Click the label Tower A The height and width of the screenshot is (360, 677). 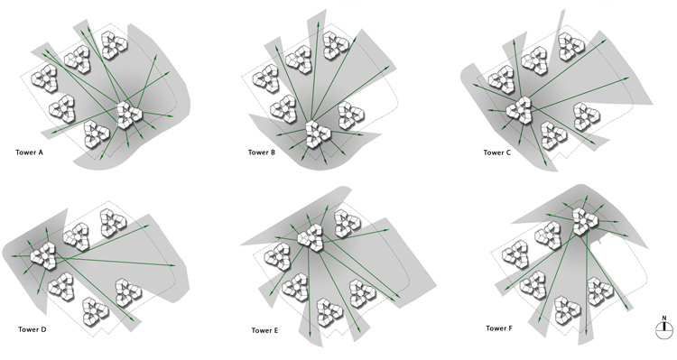(x=30, y=152)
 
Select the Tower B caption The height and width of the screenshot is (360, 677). (x=261, y=152)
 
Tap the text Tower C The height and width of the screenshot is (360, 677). (x=496, y=152)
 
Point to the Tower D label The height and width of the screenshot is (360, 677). (x=32, y=329)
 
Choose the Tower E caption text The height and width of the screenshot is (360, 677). (x=264, y=330)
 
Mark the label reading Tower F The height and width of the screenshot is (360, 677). (x=499, y=328)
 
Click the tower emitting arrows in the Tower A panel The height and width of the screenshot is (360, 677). (x=129, y=115)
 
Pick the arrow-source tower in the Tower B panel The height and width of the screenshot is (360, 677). (x=319, y=134)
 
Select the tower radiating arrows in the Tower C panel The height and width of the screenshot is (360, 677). (x=520, y=110)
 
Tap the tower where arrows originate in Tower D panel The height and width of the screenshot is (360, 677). (x=44, y=256)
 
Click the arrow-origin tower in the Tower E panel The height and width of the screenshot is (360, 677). (x=311, y=237)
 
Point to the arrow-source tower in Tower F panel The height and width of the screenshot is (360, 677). (x=586, y=221)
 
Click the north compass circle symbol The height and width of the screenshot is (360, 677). (x=664, y=330)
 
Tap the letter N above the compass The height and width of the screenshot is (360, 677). (x=664, y=318)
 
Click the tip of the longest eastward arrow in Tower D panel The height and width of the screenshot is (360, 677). (x=175, y=265)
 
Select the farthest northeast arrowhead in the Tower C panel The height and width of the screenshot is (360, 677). (x=606, y=40)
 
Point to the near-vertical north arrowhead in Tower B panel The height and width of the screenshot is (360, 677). (x=319, y=23)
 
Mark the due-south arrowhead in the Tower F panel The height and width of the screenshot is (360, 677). (x=586, y=334)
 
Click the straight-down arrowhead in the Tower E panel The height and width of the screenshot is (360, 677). (x=310, y=336)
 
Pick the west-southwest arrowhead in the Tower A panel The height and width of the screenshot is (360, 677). (x=51, y=132)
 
